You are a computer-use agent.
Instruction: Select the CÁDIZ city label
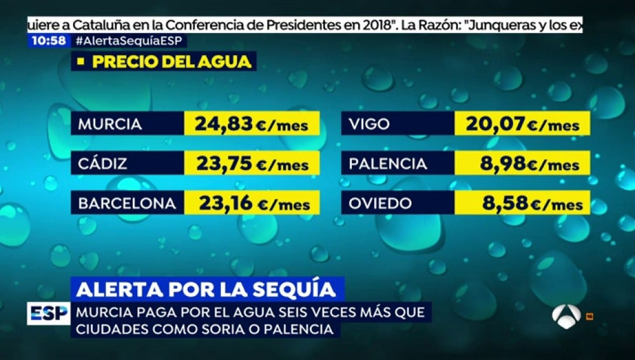(103, 164)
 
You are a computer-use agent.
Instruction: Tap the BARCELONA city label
(127, 204)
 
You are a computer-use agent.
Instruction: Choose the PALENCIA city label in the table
(387, 164)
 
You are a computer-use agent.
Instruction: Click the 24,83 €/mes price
(252, 124)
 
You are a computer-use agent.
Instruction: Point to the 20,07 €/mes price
(523, 124)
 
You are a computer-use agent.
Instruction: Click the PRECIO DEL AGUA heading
(172, 62)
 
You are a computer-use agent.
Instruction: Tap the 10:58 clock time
(48, 41)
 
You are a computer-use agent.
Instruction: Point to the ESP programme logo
(48, 314)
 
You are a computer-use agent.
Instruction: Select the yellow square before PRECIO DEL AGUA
(81, 62)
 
